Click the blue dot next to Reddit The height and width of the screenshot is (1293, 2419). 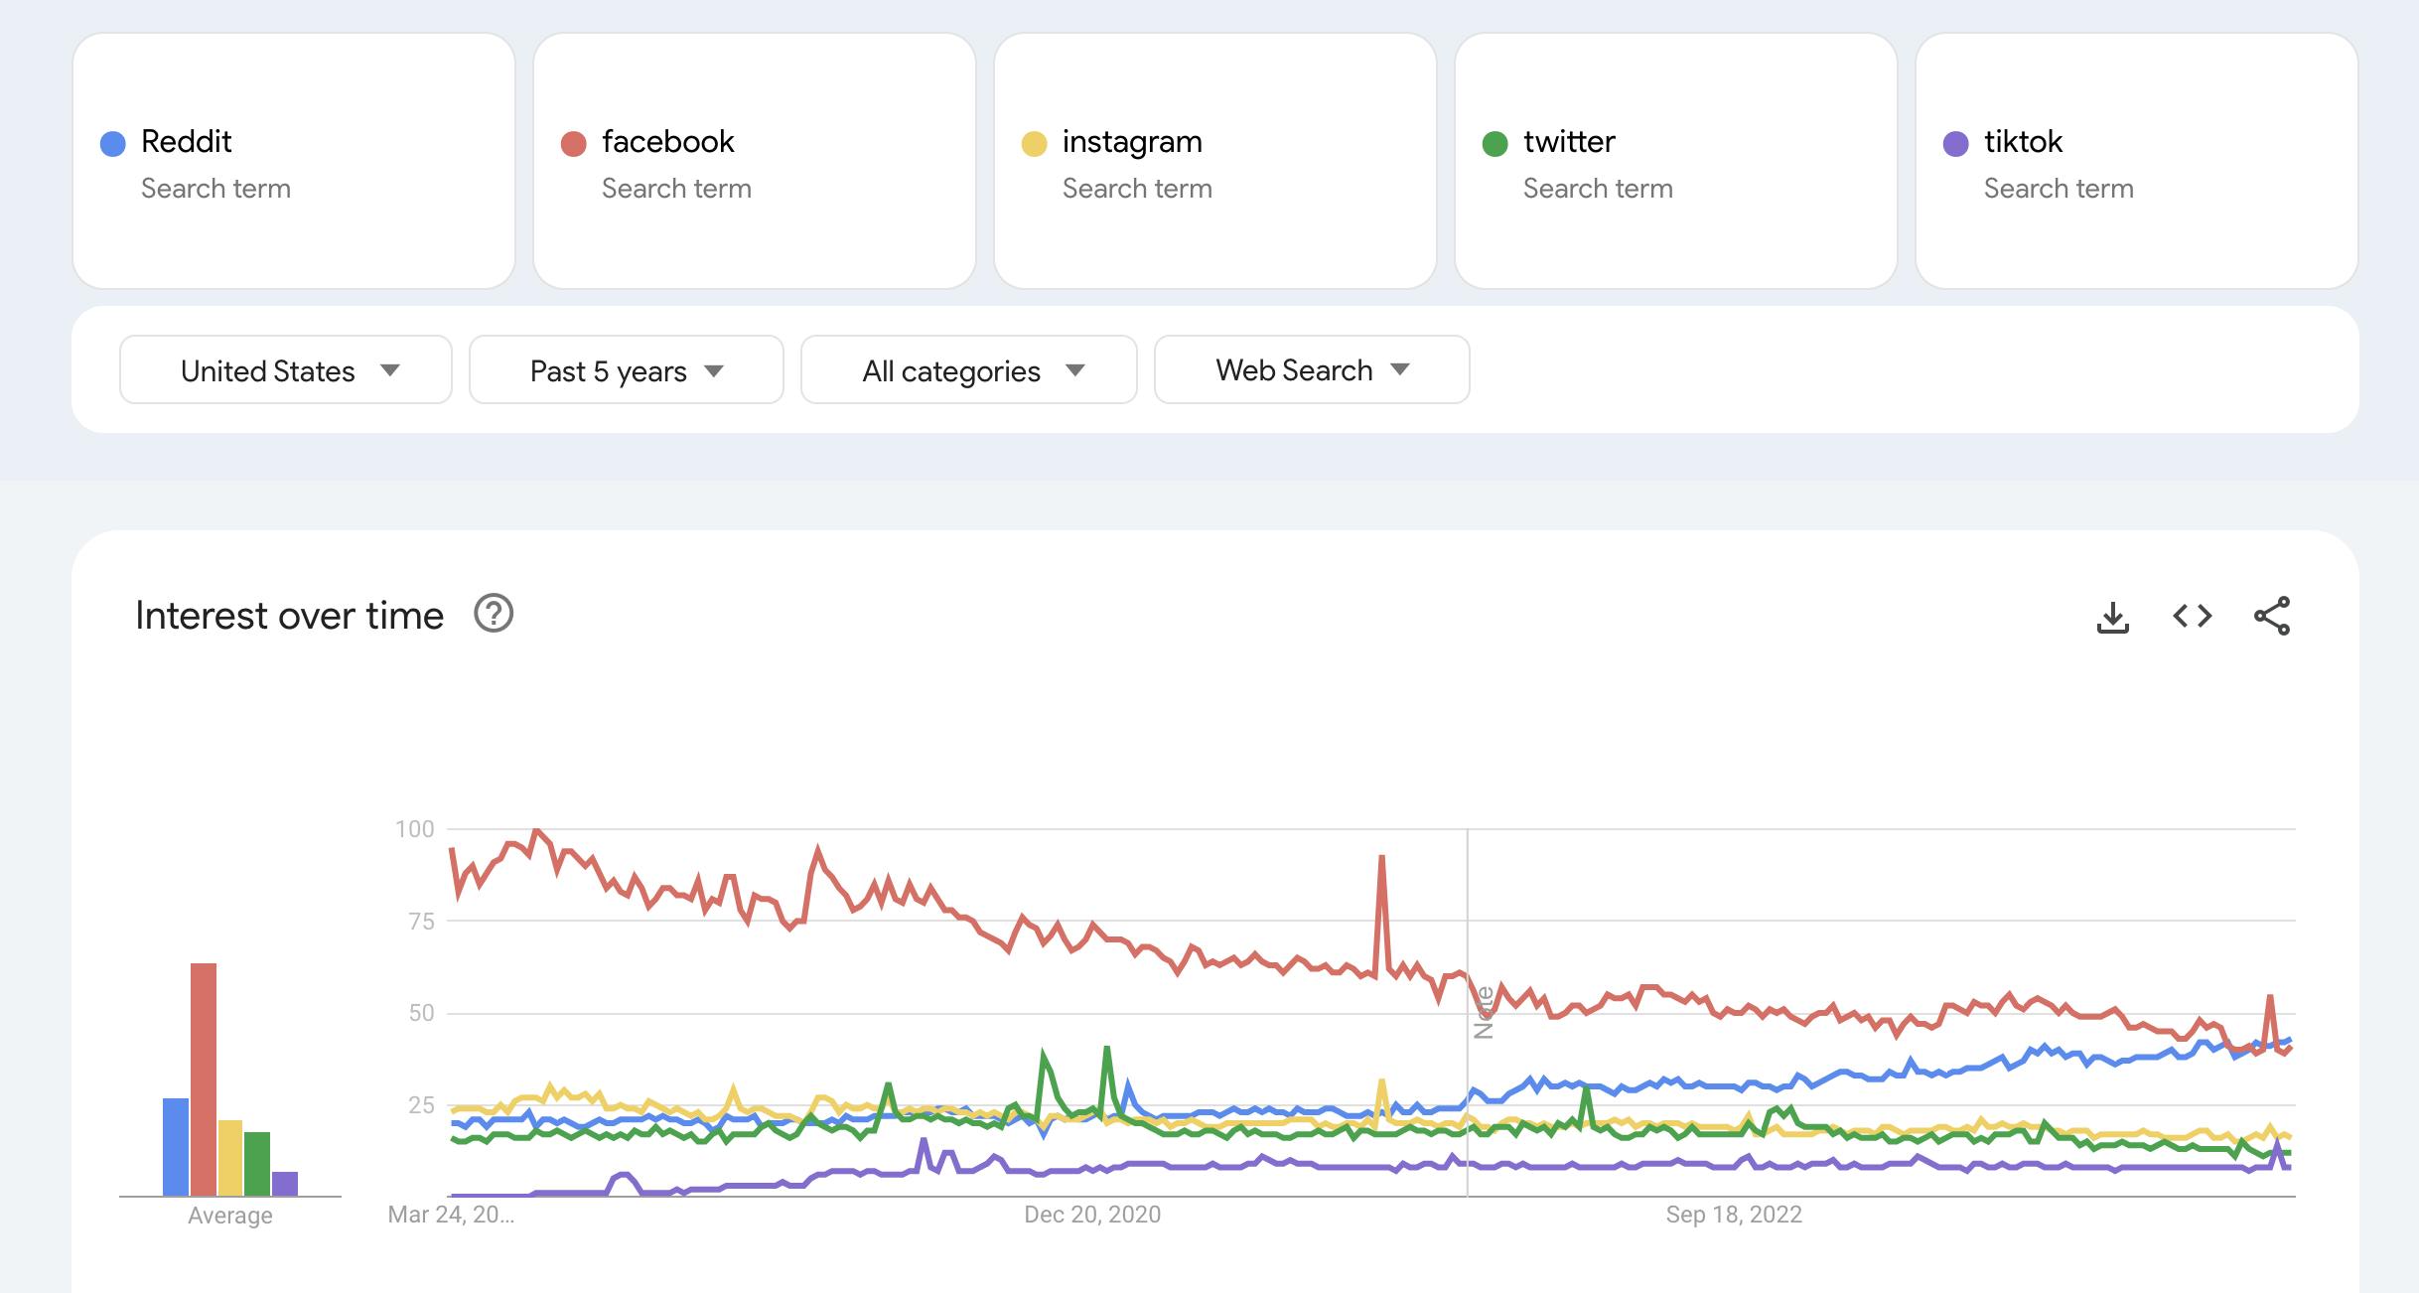(113, 144)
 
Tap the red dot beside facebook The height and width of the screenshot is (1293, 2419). (574, 144)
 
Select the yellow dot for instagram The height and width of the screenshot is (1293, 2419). (1034, 144)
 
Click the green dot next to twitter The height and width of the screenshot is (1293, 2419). (1494, 144)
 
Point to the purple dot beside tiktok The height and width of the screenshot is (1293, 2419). (1955, 144)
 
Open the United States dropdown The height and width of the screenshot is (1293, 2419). (286, 370)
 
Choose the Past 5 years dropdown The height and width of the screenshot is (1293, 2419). (626, 370)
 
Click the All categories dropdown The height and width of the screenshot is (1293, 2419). (968, 370)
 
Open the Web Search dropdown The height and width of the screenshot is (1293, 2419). (1311, 370)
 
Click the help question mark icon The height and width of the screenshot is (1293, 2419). (494, 614)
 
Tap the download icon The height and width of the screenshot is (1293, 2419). (2113, 617)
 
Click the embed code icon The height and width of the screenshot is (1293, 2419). (2193, 617)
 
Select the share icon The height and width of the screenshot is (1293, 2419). (2272, 617)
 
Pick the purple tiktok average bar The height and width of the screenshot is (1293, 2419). (285, 1184)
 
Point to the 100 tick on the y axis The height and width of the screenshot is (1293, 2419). (414, 829)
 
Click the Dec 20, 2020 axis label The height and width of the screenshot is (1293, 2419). (1092, 1215)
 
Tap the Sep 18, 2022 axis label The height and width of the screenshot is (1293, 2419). (1734, 1215)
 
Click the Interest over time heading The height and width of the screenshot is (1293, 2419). (289, 616)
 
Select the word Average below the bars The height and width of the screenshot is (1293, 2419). (230, 1216)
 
